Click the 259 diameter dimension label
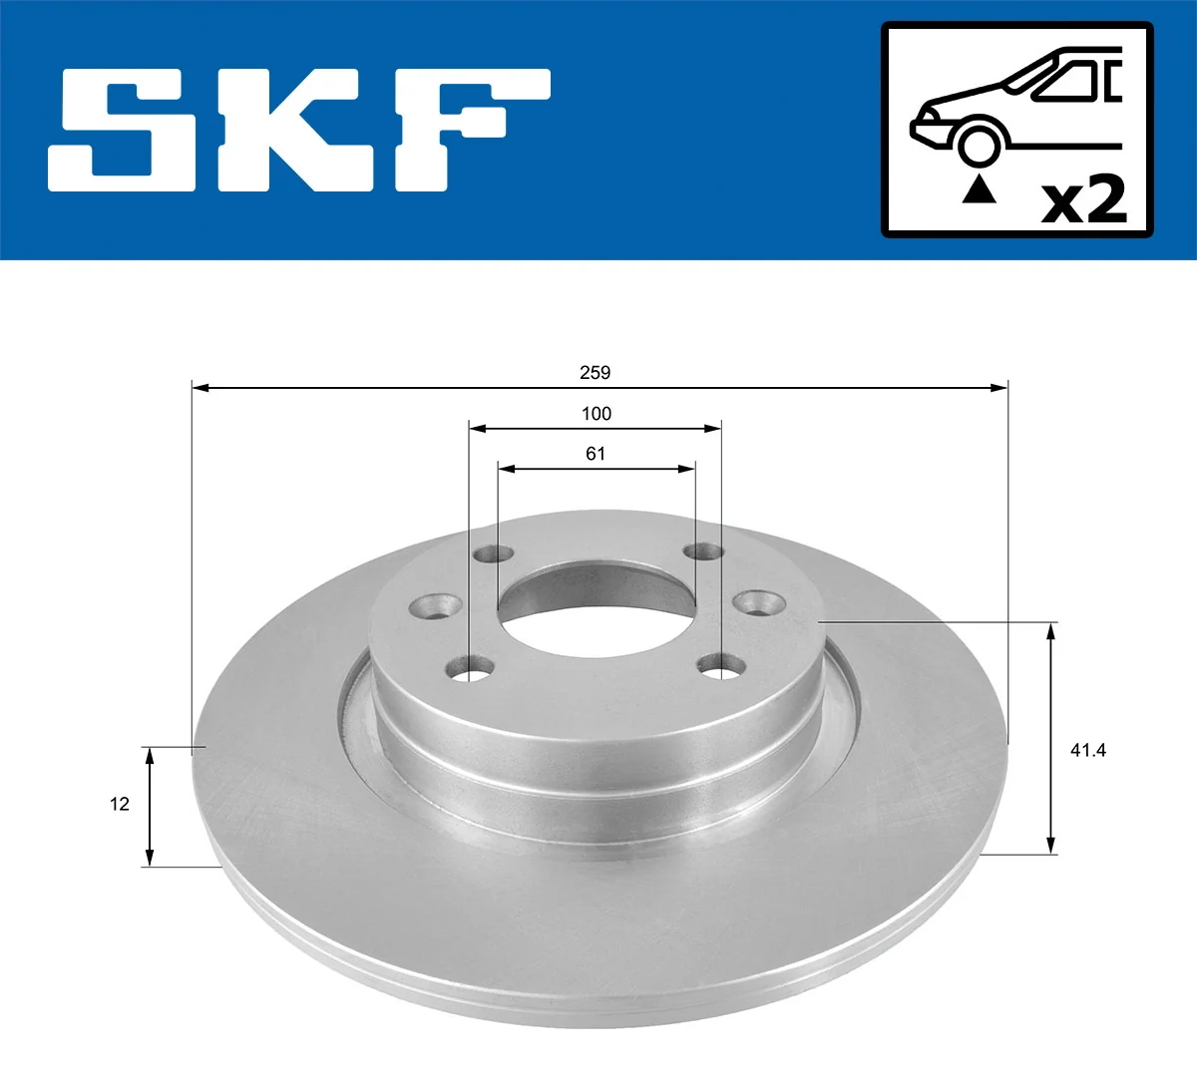click(x=595, y=373)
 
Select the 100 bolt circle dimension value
click(x=596, y=414)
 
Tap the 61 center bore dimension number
click(x=596, y=454)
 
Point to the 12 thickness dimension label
click(x=120, y=804)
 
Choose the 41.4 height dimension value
click(x=1087, y=750)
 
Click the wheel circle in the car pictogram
click(x=979, y=144)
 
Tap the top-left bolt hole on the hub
click(x=492, y=553)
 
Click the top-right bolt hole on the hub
click(x=704, y=551)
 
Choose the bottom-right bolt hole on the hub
click(x=722, y=666)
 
